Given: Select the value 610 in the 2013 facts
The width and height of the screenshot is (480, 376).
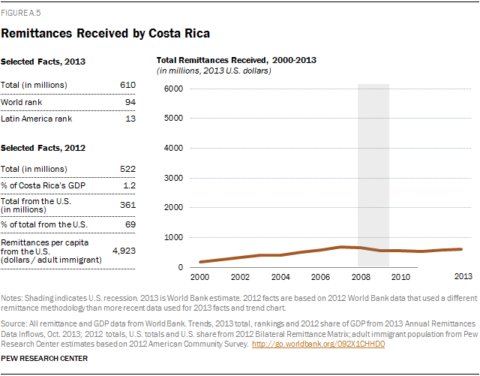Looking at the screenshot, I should point(128,85).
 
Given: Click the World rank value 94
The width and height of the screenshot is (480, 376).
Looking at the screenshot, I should point(130,102).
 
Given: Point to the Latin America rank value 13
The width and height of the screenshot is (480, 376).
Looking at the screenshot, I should point(130,119).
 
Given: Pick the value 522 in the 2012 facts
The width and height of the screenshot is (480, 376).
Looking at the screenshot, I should point(128,170).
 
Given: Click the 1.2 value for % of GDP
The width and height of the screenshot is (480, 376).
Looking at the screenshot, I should point(130,185).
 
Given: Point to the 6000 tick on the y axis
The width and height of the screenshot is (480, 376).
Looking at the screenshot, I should point(173,89).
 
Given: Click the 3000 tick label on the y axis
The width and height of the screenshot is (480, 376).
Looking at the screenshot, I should point(173,178).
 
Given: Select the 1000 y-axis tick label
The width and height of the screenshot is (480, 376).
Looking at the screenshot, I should point(173,237).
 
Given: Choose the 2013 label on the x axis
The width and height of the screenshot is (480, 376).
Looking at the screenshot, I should point(462,277).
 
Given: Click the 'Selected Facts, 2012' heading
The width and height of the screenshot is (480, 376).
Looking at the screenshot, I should point(44,148).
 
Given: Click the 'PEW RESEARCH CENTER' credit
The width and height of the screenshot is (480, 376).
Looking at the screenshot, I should point(44,359).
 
